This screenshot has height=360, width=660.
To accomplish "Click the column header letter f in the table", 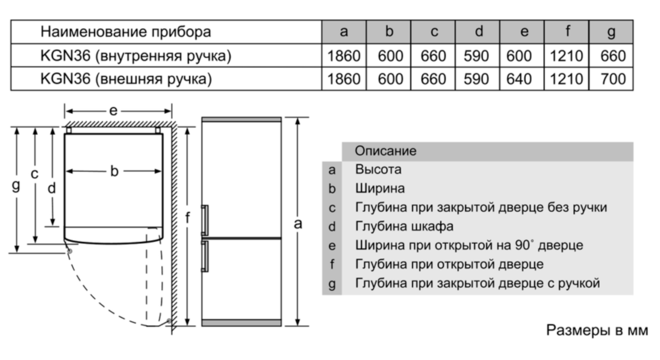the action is (x=567, y=31).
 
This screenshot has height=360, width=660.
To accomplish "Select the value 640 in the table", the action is (x=519, y=79).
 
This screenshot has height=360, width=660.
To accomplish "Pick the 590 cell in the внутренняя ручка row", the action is (x=476, y=56).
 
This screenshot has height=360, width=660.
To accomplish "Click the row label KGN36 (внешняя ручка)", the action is (x=126, y=79).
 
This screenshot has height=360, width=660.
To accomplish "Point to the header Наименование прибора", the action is (x=125, y=32).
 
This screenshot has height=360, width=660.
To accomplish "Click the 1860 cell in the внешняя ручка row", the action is (x=344, y=79).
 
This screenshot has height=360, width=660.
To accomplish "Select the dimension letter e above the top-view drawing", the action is (x=113, y=111).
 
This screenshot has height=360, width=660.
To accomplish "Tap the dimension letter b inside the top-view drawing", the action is (x=114, y=171).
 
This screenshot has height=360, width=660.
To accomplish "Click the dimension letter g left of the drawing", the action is (x=16, y=185).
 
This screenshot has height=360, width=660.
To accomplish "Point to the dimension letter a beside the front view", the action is (x=297, y=223).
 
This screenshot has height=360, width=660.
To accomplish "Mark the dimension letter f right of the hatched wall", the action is (x=187, y=217).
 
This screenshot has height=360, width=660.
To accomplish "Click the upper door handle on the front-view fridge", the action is (x=205, y=220).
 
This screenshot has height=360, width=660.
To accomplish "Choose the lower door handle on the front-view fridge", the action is (x=205, y=256).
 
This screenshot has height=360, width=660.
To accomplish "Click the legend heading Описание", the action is (x=385, y=151).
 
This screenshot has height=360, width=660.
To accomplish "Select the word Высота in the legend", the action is (x=378, y=170).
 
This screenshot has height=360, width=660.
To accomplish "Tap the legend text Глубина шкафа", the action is (x=404, y=226).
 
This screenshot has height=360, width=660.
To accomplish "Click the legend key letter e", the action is (x=332, y=246).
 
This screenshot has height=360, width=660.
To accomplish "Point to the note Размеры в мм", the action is (x=597, y=330).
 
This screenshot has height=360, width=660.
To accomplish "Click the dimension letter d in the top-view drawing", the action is (x=51, y=188).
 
